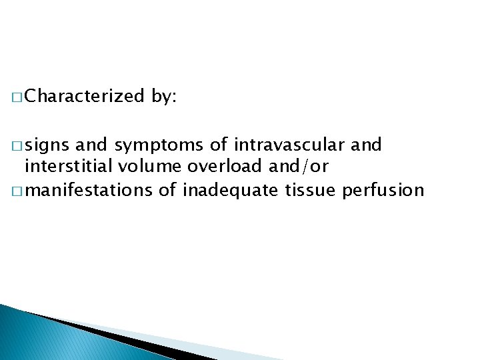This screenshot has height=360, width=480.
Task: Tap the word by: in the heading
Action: coord(163,97)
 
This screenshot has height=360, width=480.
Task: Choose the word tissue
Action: coord(311,191)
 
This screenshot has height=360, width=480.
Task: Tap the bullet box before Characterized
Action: coord(16,97)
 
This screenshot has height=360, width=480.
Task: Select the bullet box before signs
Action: coord(16,146)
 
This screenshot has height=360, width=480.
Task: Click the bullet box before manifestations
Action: coord(16,191)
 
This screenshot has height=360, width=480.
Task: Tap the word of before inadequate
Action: coord(168,191)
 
